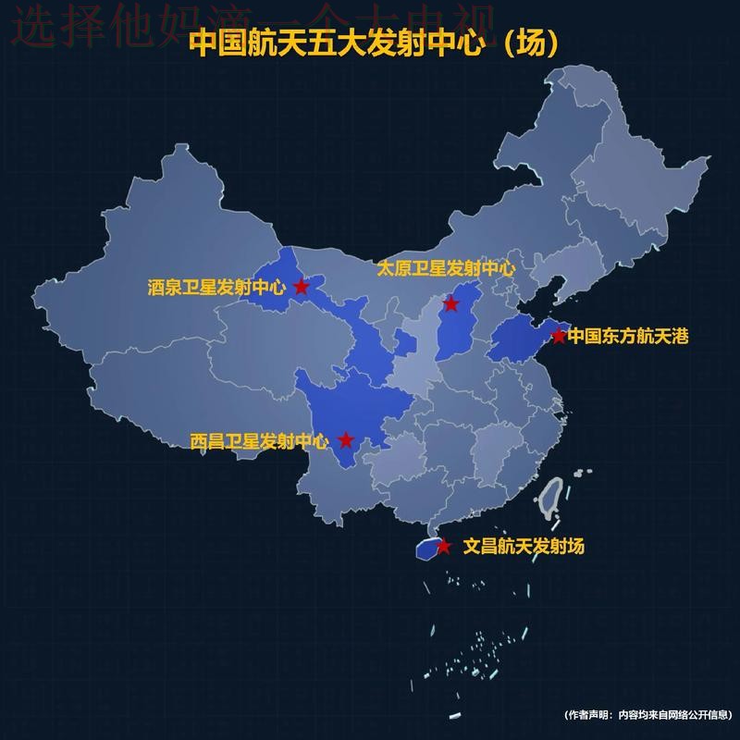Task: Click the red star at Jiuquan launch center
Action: (302, 287)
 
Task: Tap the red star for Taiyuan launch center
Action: (451, 304)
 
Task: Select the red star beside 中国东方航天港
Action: (559, 336)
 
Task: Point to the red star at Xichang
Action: (346, 440)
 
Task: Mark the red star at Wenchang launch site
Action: (443, 547)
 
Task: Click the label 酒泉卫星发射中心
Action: (217, 288)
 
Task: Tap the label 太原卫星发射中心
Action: (445, 269)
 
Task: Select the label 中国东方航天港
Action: (628, 336)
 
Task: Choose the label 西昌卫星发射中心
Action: (260, 441)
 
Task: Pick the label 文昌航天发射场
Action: (524, 547)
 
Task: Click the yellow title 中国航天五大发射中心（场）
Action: (374, 43)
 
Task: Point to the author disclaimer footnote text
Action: (647, 715)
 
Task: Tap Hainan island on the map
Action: (427, 549)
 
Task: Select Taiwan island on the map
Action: (553, 500)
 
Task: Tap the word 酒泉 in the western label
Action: (162, 288)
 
